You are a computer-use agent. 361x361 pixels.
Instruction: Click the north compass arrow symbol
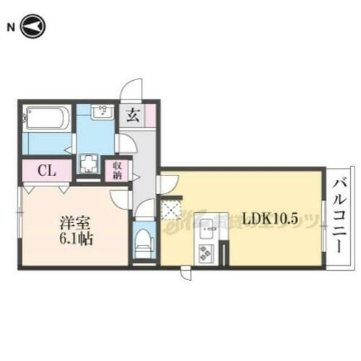click(33, 27)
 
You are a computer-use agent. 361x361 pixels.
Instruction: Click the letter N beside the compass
click(11, 27)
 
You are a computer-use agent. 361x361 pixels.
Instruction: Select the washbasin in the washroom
click(101, 113)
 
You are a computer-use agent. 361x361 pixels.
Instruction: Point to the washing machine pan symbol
click(90, 164)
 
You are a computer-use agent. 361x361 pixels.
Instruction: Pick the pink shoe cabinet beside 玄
click(150, 116)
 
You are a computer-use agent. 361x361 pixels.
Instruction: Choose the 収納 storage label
click(116, 170)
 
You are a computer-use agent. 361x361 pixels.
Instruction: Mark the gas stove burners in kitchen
click(207, 253)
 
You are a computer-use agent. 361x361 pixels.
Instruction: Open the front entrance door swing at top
click(131, 90)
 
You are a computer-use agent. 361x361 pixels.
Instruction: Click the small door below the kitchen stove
click(186, 274)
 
